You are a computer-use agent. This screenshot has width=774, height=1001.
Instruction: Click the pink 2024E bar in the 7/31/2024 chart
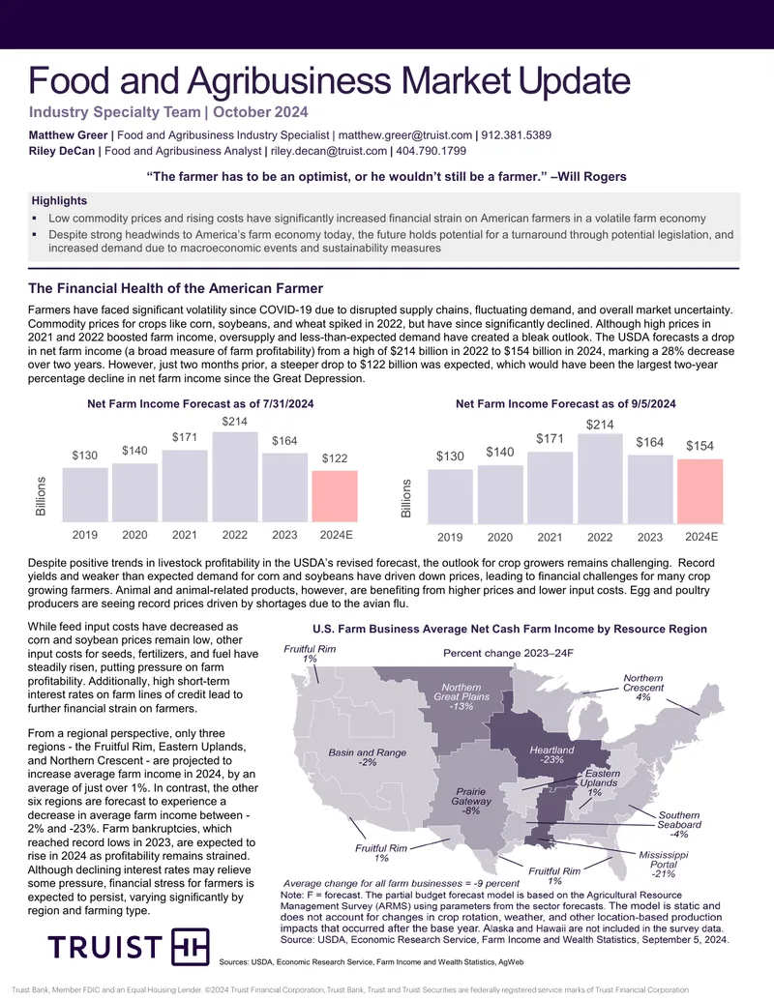[335, 496]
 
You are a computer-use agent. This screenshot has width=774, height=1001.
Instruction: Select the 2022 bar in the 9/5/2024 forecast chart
[600, 479]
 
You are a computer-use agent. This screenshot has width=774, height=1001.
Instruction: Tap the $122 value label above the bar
[335, 457]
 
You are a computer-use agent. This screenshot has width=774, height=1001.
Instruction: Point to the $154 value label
[700, 446]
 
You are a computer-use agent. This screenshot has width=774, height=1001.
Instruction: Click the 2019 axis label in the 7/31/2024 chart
[85, 535]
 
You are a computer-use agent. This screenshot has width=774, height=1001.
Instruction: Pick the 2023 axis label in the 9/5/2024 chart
[649, 537]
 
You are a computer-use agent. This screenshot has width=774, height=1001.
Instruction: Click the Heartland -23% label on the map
[551, 754]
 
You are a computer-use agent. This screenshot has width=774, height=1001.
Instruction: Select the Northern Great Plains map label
[461, 696]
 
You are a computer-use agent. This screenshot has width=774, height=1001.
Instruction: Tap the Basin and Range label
[368, 757]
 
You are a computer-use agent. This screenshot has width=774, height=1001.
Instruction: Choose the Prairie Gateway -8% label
[471, 801]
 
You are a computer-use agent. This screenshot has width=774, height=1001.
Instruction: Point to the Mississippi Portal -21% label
[664, 864]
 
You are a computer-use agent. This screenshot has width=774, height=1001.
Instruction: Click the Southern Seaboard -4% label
[679, 824]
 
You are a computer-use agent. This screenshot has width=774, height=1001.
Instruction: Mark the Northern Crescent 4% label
[643, 688]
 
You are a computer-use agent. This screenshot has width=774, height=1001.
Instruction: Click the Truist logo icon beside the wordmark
[191, 947]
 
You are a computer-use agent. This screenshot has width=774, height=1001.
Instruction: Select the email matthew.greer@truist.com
[404, 135]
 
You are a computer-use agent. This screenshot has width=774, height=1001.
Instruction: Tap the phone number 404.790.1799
[432, 151]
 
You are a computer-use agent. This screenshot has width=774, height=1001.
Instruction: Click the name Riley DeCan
[61, 151]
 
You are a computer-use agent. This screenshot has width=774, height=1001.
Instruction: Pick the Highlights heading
[59, 200]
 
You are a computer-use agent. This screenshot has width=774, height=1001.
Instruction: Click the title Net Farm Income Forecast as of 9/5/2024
[566, 403]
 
